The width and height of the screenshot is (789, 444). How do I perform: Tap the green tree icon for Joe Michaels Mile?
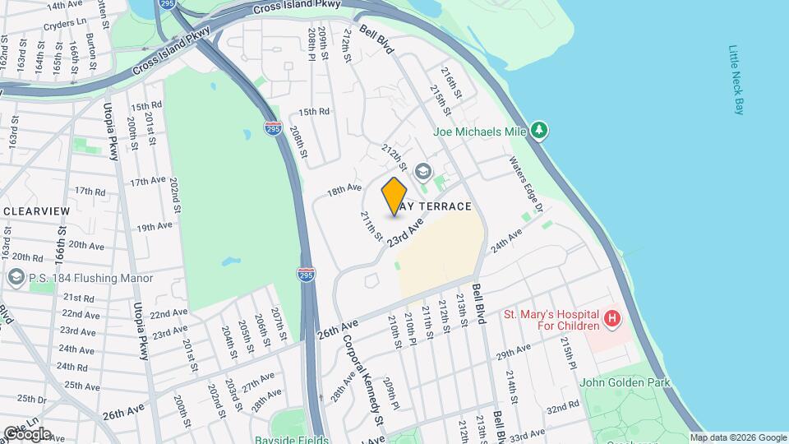tap(539, 130)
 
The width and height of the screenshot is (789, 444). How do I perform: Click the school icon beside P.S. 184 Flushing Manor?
tap(15, 278)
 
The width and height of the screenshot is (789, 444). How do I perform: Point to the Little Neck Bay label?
tap(736, 80)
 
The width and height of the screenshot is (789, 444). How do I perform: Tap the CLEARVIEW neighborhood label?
tap(36, 211)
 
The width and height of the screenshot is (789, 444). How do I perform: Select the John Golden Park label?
tap(625, 382)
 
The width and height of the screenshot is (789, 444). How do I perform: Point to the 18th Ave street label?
tap(344, 189)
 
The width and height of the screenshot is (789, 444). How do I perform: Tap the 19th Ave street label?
tap(154, 228)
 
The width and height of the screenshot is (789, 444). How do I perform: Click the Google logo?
tap(27, 433)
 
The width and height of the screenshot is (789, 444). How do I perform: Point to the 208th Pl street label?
tap(312, 46)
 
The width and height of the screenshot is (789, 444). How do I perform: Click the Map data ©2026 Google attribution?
tap(738, 438)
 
